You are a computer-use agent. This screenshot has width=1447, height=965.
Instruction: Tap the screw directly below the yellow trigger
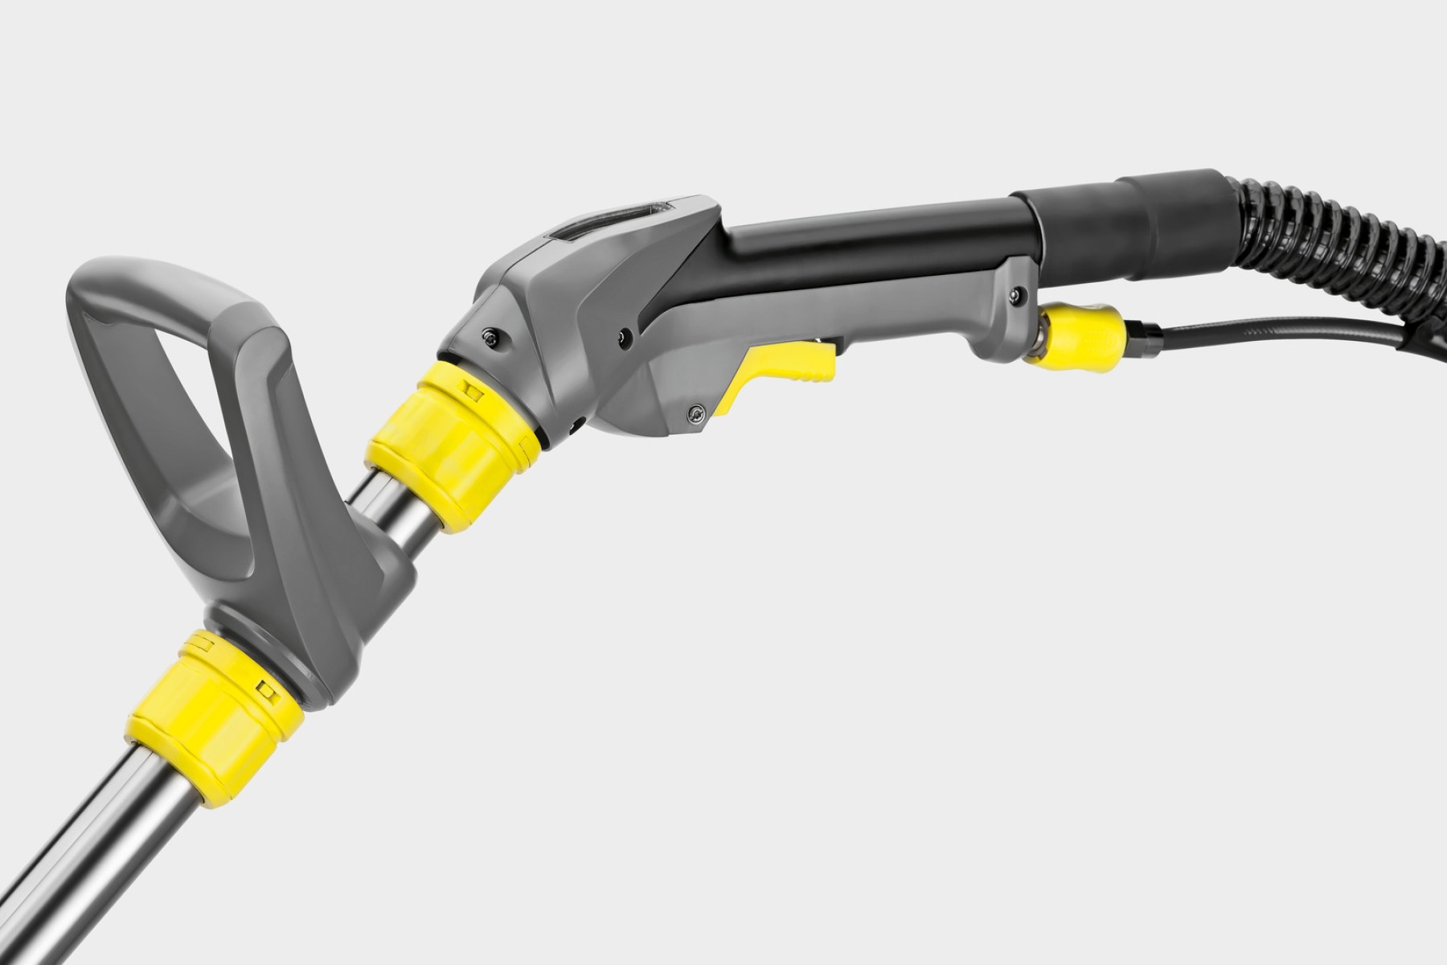(693, 413)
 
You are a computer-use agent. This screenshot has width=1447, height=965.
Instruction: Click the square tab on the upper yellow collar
(470, 389)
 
